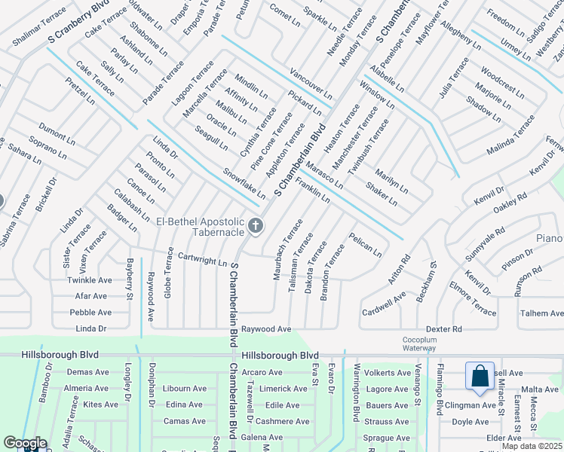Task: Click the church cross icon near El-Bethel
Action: coord(256,225)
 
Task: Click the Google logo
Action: coord(25,442)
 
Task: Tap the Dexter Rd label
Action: coord(443,329)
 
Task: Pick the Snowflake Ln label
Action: coord(244,183)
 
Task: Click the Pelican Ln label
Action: coord(365,246)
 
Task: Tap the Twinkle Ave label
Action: coord(90,279)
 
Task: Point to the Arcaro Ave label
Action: coord(262,372)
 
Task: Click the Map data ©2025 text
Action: coord(532,446)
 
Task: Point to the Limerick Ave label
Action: coord(283,389)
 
